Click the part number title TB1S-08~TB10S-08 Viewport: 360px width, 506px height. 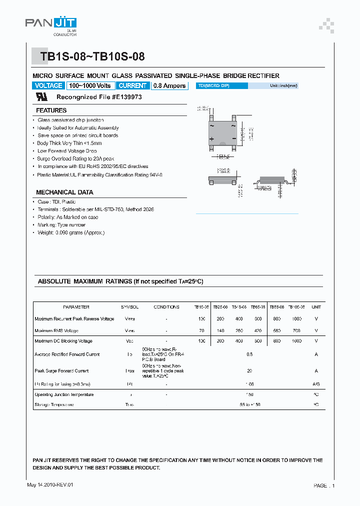tap(92, 57)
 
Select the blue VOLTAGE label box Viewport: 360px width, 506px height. tap(48, 85)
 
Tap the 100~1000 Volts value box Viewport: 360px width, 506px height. tap(90, 85)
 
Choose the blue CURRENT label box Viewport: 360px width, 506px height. tap(132, 85)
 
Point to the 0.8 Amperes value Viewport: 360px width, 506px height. tap(169, 85)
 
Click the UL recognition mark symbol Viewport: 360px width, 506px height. tap(41, 97)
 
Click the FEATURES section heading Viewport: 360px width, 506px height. tap(51, 110)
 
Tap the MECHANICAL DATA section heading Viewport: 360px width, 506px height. tap(64, 192)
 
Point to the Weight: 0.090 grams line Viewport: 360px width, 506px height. tap(71, 232)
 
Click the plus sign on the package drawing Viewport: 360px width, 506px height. tap(211, 138)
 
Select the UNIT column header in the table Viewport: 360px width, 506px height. tap(316, 307)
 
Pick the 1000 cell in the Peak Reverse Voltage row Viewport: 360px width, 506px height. tap(297, 318)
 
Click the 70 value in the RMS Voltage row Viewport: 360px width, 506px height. tap(202, 330)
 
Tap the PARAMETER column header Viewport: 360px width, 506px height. tap(76, 307)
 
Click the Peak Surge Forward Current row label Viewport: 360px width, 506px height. tap(61, 371)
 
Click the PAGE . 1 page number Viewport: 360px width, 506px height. tap(324, 485)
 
